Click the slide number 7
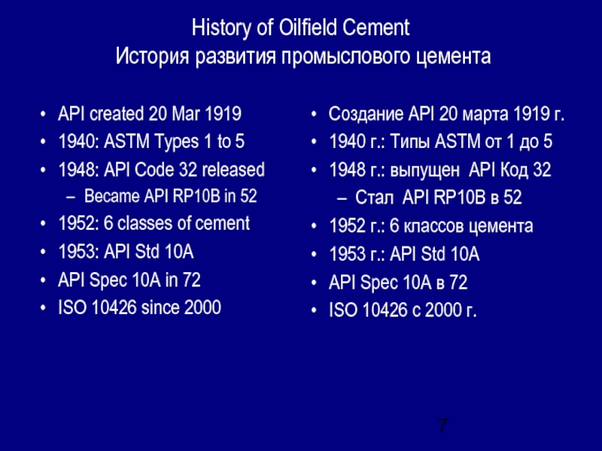[443, 426]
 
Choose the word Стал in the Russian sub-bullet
[378, 198]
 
